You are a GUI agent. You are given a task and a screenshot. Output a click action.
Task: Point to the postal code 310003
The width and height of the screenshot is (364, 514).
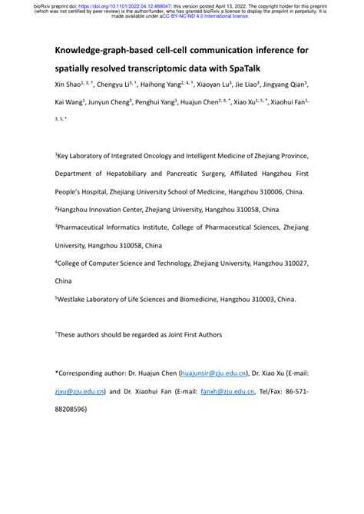coord(254,299)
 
